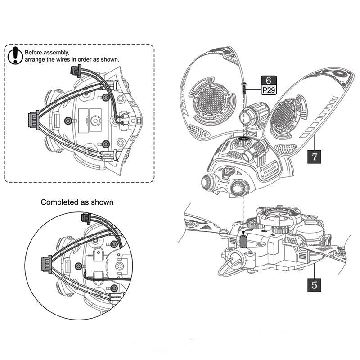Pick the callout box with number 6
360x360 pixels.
(x=268, y=81)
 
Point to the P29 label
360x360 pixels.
(x=268, y=90)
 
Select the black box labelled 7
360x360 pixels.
(x=315, y=157)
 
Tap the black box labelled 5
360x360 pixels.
(x=315, y=284)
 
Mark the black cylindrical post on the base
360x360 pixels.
(x=243, y=241)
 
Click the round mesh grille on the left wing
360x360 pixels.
(x=211, y=102)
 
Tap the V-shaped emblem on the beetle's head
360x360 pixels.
(x=228, y=171)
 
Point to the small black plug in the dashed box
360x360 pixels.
(x=75, y=71)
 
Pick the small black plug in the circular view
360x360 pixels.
(x=85, y=219)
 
